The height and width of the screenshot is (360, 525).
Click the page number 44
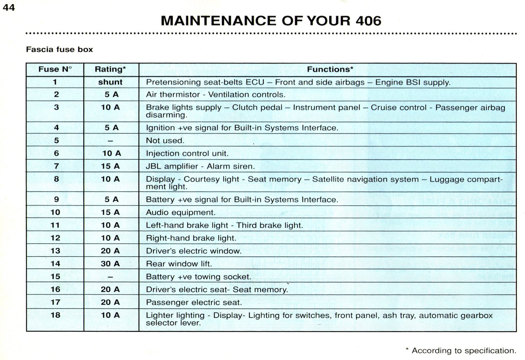pos(8,7)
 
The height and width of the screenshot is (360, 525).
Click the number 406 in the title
pos(368,21)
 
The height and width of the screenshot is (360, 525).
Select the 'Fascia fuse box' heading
pos(59,50)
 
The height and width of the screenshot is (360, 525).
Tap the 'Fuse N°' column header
pos(55,69)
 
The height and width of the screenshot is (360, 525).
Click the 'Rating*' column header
pos(110,69)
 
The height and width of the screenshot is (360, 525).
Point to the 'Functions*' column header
pos(330,69)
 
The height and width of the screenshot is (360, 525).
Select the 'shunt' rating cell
pos(110,82)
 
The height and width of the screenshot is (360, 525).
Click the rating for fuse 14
pos(110,264)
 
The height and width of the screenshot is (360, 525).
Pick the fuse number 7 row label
pos(56,166)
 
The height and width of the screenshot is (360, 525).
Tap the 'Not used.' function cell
pos(165,141)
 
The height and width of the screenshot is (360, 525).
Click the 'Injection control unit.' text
pos(187,153)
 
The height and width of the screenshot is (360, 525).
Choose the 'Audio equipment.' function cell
pos(180,213)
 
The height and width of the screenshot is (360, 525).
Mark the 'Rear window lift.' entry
pos(179,264)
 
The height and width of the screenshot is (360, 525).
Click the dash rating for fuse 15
pos(110,277)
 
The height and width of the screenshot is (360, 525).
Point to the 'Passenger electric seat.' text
pos(194,302)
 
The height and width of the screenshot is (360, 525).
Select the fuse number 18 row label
pos(55,315)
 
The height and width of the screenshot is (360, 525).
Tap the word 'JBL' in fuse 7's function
pos(153,166)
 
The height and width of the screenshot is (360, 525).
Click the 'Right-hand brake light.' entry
pos(191,238)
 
